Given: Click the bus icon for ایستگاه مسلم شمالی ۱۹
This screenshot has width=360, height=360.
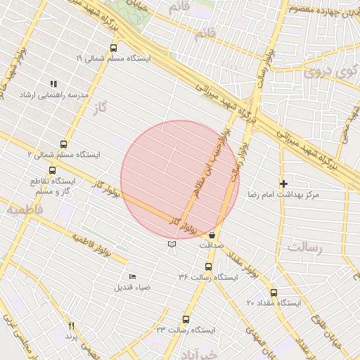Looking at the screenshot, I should pos(114,49).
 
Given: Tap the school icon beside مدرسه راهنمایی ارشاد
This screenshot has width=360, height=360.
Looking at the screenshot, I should pos(53,84).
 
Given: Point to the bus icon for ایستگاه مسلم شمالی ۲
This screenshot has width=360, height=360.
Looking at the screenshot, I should pos(64,144).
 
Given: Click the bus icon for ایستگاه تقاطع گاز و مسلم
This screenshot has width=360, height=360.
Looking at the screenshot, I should pos(53,170).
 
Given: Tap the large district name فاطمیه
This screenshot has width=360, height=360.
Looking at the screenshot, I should pos(25,209).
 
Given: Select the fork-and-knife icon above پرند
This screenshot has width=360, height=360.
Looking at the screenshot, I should pos(70,326).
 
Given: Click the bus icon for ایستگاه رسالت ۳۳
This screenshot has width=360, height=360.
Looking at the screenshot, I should pos(186,319).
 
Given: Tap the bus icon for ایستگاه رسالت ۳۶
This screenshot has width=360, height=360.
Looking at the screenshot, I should pos(208,266).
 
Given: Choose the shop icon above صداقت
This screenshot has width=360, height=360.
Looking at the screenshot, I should pos(212,235).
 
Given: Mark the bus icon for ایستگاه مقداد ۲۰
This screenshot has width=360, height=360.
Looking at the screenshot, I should pos(274,292).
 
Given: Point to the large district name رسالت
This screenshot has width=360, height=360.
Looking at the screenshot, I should pos(304,247).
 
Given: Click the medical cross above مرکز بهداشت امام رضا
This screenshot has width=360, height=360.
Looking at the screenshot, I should pos(284,184).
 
